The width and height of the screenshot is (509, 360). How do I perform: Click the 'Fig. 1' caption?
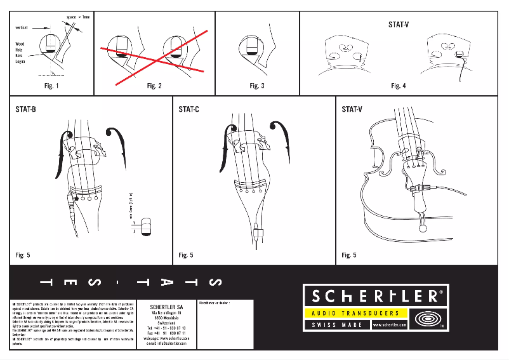pyautogui.click(x=52, y=86)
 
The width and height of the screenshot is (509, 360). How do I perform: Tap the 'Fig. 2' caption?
pyautogui.click(x=154, y=86)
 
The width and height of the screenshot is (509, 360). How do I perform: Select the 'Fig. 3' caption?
pyautogui.click(x=257, y=86)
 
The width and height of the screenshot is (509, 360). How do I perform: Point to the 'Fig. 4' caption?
pyautogui.click(x=399, y=86)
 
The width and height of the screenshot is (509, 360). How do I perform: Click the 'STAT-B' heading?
pyautogui.click(x=25, y=110)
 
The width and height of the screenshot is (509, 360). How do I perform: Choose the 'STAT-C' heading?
pyautogui.click(x=188, y=110)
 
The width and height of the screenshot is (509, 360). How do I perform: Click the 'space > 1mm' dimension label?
pyautogui.click(x=79, y=16)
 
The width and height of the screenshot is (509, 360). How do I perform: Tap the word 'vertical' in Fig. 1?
pyautogui.click(x=22, y=28)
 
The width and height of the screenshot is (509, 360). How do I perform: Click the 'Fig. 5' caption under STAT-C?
pyautogui.click(x=186, y=255)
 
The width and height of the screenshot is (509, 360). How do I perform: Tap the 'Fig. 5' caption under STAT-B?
pyautogui.click(x=23, y=255)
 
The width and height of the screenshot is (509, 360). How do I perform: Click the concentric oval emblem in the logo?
pyautogui.click(x=425, y=318)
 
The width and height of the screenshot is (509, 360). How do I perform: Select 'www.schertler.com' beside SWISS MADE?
pyautogui.click(x=385, y=325)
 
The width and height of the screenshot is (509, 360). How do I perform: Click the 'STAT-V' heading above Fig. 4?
pyautogui.click(x=399, y=25)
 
